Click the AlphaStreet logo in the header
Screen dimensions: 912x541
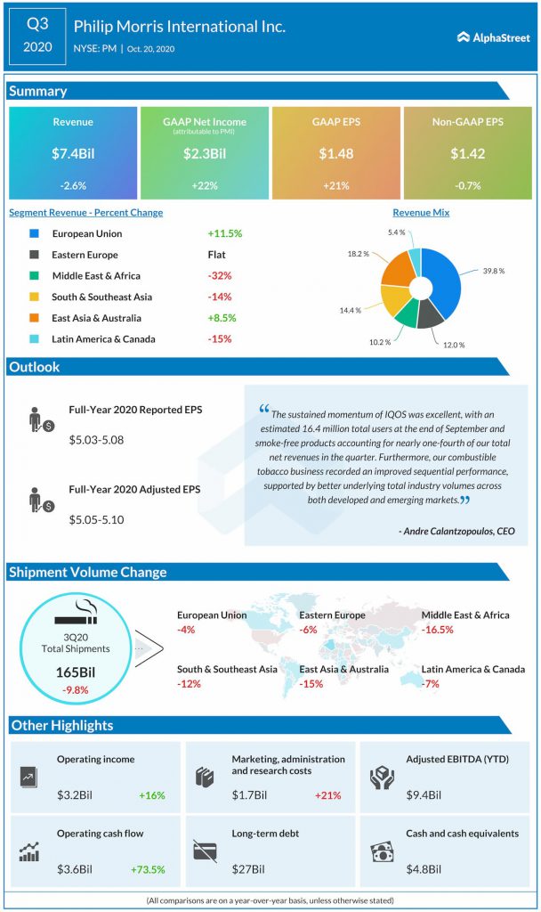pos(493,37)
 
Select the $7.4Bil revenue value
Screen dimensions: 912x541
pos(73,153)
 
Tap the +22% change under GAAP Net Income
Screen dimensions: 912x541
pos(204,185)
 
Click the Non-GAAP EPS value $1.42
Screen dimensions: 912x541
pos(466,153)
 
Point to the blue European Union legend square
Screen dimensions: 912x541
pos(33,233)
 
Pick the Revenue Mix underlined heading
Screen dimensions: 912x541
pos(421,213)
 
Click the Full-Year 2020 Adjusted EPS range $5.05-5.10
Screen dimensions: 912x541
pos(96,518)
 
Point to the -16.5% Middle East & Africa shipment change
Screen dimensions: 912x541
pos(438,629)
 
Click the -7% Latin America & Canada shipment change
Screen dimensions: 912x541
pos(431,683)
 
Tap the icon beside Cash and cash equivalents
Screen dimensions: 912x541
pos(381,852)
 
